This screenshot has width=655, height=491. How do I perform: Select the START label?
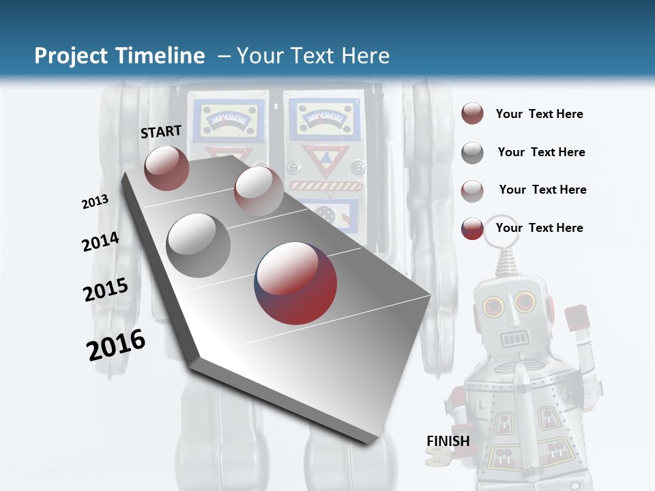pyautogui.click(x=161, y=132)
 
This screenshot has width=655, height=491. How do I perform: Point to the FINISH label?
pyautogui.click(x=448, y=441)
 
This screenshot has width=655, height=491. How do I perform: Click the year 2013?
pyautogui.click(x=95, y=202)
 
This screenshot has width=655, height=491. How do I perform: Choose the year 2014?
pyautogui.click(x=100, y=242)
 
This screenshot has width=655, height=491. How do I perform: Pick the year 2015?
pyautogui.click(x=106, y=289)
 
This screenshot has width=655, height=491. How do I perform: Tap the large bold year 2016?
pyautogui.click(x=116, y=344)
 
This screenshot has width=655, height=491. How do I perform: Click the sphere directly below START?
pyautogui.click(x=166, y=168)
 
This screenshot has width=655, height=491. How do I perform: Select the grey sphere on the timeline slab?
pyautogui.click(x=199, y=245)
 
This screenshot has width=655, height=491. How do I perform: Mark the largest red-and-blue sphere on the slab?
pyautogui.click(x=295, y=282)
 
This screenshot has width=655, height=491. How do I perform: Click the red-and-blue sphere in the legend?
pyautogui.click(x=472, y=228)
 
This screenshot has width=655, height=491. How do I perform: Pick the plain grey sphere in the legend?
pyautogui.click(x=472, y=153)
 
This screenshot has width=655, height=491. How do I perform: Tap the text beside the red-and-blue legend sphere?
pyautogui.click(x=539, y=228)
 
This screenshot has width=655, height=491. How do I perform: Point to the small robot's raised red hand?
pyautogui.click(x=577, y=317)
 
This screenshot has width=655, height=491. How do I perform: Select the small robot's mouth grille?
pyautogui.click(x=515, y=338)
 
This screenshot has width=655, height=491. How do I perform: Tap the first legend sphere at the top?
pyautogui.click(x=472, y=114)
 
